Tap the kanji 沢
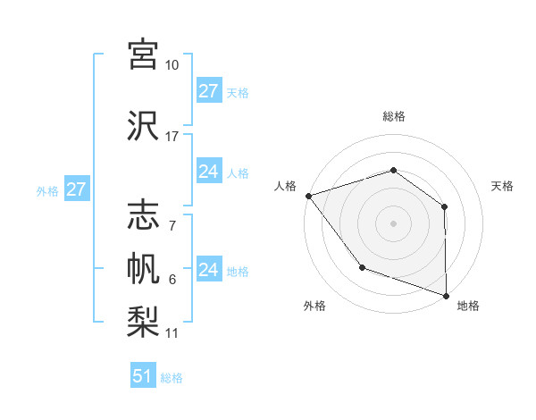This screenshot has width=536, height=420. click(144, 125)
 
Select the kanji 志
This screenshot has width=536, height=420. click(144, 215)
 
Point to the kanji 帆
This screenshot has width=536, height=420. click(144, 269)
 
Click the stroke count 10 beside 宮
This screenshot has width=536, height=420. click(172, 65)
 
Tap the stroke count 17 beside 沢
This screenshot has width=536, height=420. click(172, 137)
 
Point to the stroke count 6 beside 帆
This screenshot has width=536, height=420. click(172, 280)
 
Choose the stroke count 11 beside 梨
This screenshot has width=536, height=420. click(172, 333)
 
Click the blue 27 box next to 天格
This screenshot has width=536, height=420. click(208, 91)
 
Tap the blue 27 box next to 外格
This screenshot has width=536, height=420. click(76, 189)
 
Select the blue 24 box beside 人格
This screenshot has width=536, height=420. click(208, 172)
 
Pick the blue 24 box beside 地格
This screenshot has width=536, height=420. click(208, 270)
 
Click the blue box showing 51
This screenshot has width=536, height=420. click(143, 376)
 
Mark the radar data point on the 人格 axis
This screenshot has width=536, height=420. click(308, 195)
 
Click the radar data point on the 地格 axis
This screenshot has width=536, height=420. click(447, 295)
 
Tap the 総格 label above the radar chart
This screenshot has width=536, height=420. click(394, 116)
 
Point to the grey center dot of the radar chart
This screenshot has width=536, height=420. click(393, 223)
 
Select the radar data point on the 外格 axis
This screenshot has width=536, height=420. click(362, 266)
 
